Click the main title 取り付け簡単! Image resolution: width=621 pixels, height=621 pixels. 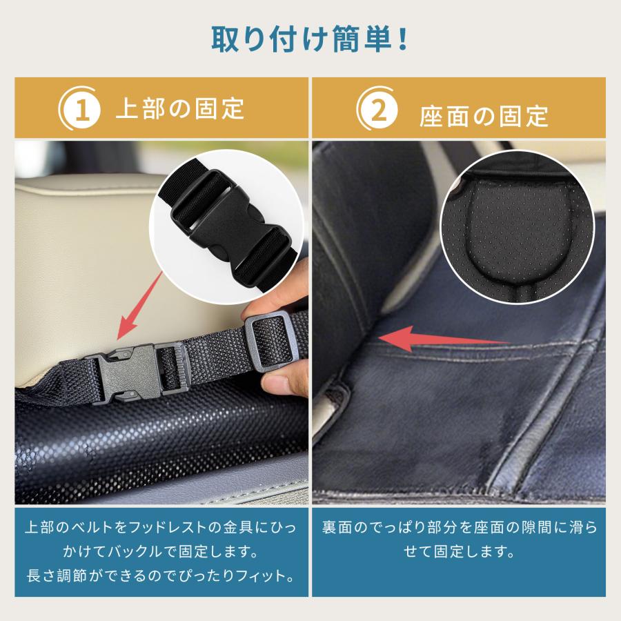click(310, 38)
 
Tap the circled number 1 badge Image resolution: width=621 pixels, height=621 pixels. click(81, 110)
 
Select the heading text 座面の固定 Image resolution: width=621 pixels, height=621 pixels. click(484, 115)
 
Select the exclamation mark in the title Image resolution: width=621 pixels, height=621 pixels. click(402, 38)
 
